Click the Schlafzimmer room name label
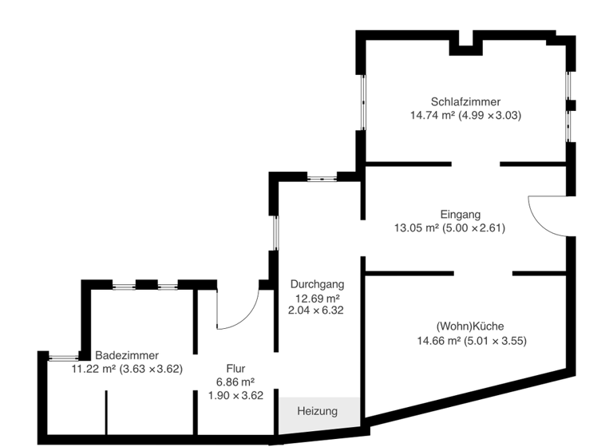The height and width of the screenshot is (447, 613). [x=465, y=101]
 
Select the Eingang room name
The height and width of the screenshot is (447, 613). [x=461, y=214]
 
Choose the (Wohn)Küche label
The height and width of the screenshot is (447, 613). [x=470, y=326]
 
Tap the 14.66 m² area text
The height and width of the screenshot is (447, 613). [x=438, y=341]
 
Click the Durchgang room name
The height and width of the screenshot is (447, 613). [x=317, y=283]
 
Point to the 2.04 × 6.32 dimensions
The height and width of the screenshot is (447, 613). [x=316, y=311]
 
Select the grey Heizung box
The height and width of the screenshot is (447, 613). [x=318, y=411]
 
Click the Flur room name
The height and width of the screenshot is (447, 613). [x=235, y=369]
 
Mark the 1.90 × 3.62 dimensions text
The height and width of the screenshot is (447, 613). [x=235, y=395]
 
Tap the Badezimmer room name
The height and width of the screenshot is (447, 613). [x=127, y=355]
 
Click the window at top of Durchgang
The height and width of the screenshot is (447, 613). [x=322, y=177]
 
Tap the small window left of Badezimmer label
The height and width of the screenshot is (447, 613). [x=63, y=357]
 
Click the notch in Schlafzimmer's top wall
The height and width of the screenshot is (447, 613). [x=466, y=41]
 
